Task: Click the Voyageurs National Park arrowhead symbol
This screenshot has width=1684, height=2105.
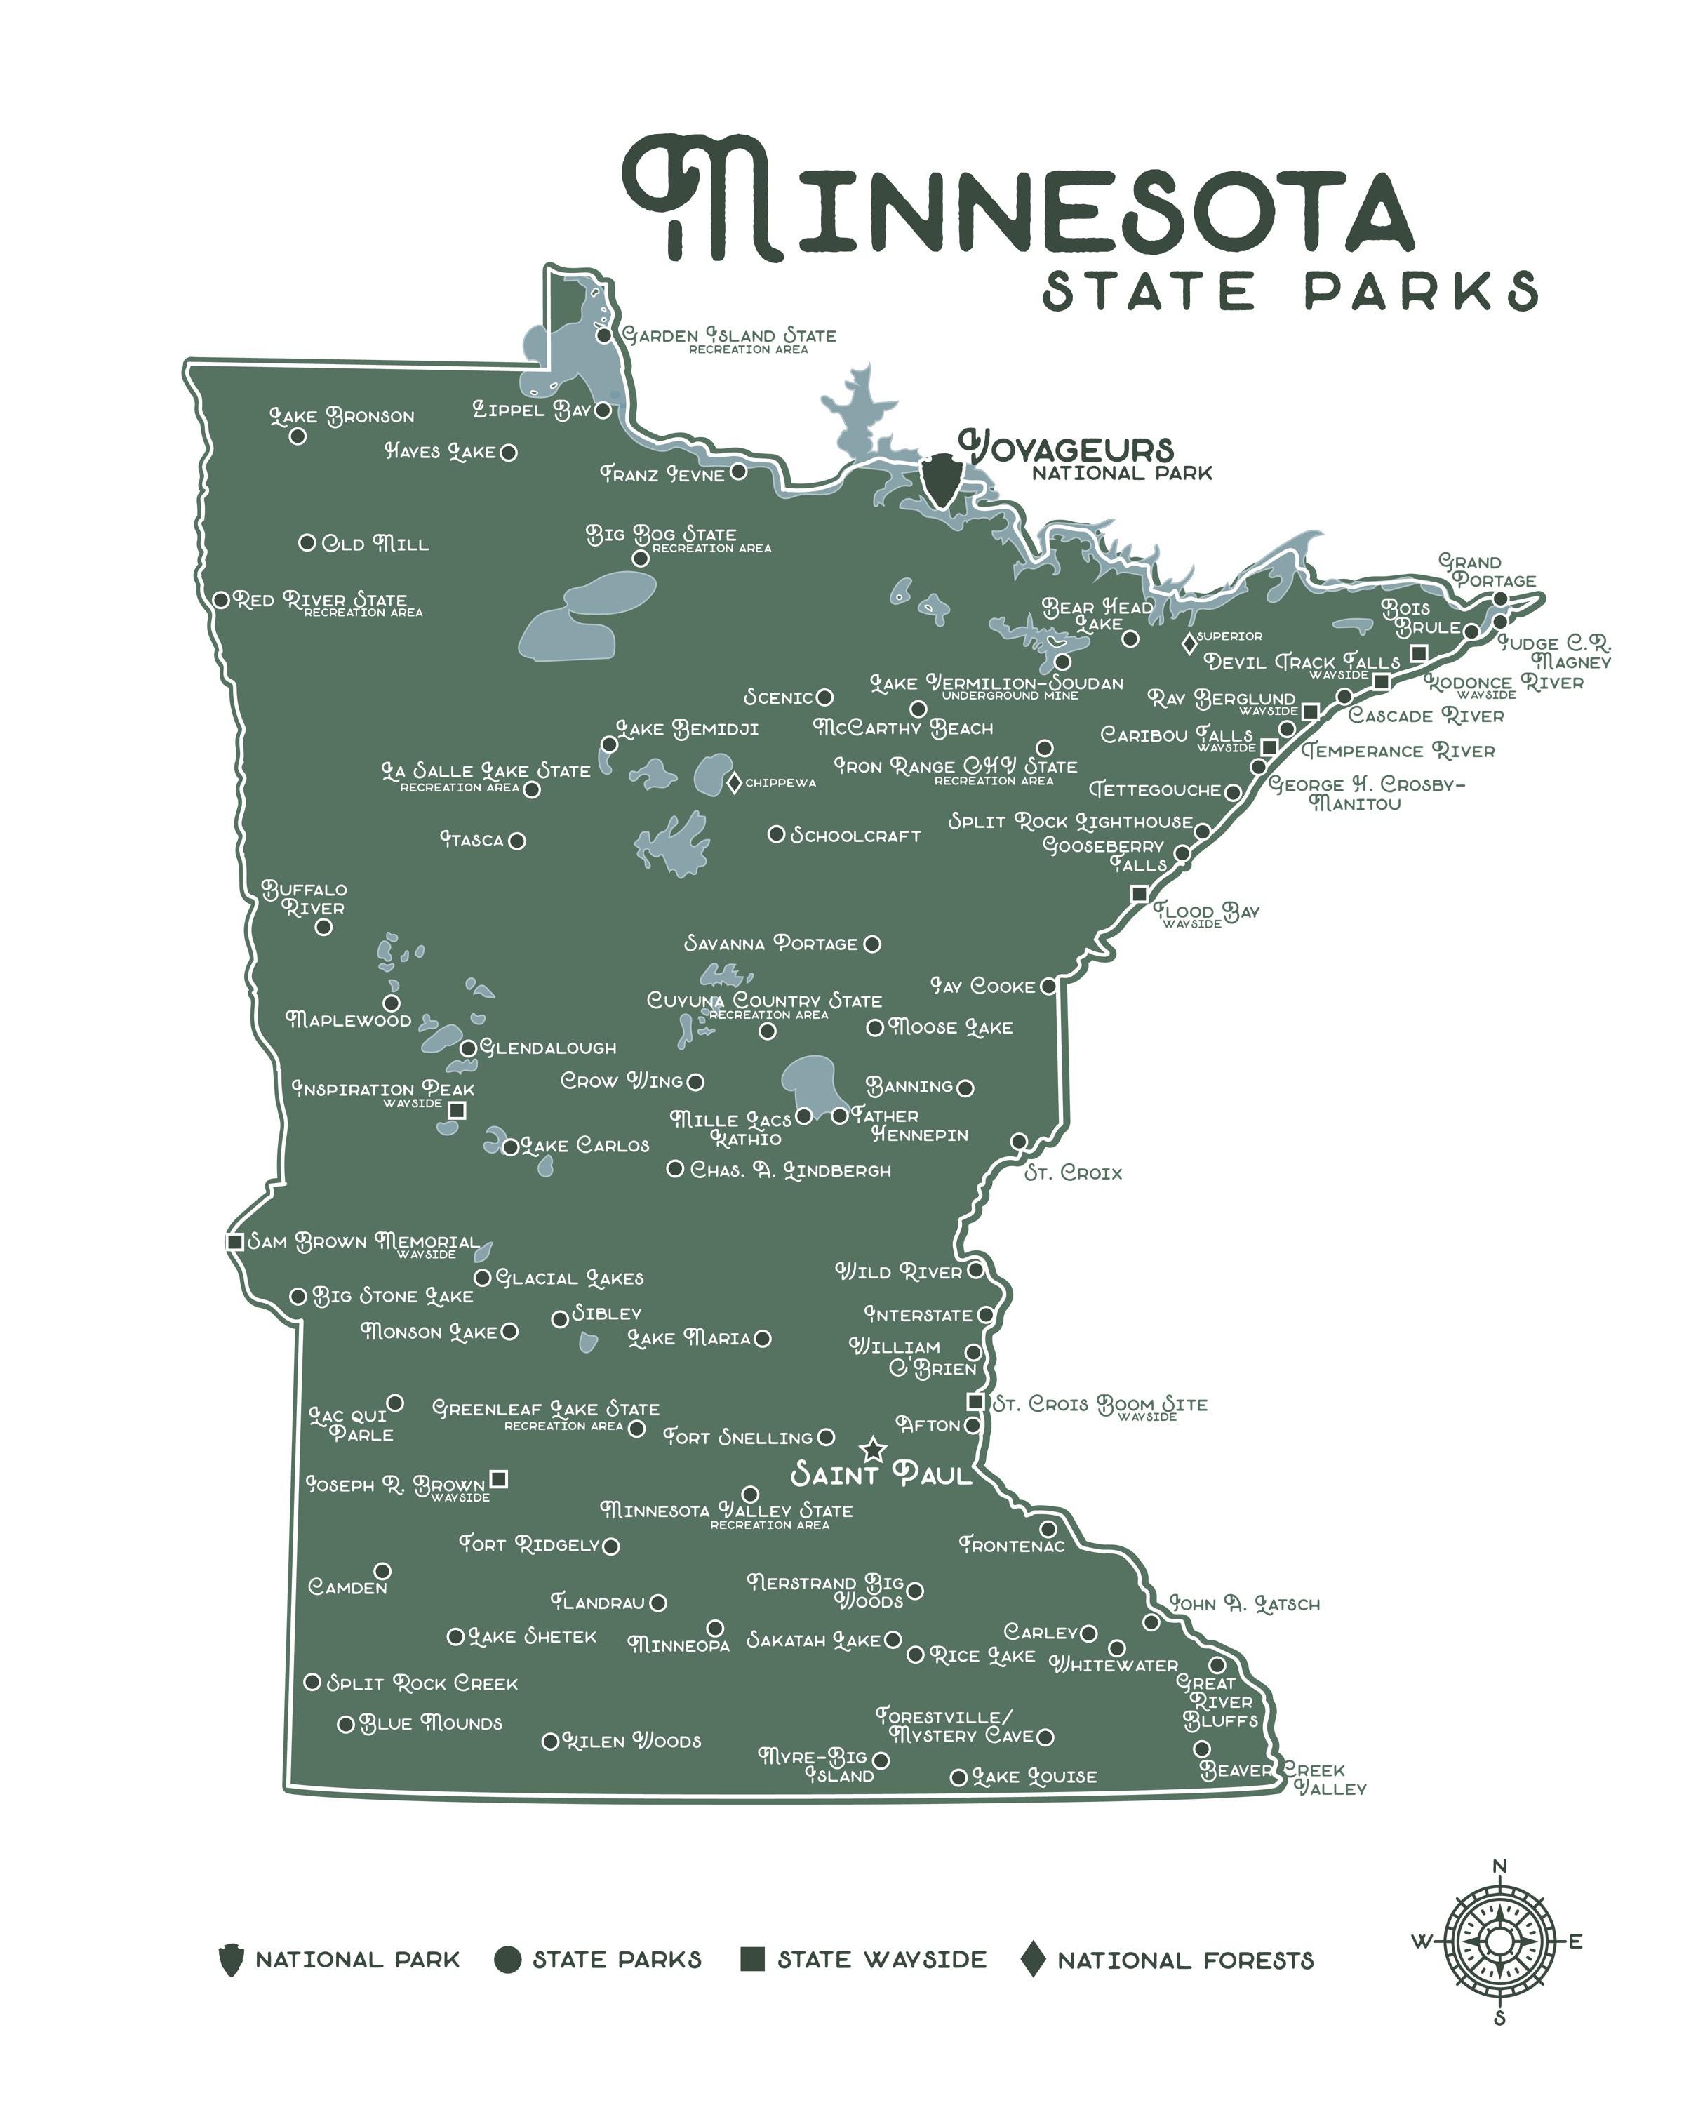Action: (941, 479)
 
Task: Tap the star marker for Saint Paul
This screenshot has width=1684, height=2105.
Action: (873, 1450)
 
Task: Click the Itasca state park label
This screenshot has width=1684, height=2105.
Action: (472, 840)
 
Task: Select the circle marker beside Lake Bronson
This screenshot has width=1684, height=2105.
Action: (298, 436)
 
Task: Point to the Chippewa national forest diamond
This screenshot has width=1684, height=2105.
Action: (734, 782)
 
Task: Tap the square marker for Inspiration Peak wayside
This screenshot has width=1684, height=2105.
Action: (456, 1110)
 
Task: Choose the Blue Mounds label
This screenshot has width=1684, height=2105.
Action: (431, 1723)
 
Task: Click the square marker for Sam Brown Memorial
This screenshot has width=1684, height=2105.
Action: (234, 1242)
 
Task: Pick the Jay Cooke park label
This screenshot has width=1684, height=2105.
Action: (982, 986)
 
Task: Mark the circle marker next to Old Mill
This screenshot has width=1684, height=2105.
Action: (307, 542)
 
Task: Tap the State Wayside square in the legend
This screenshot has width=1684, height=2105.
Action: (751, 1958)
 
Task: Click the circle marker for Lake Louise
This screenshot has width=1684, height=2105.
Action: (958, 1777)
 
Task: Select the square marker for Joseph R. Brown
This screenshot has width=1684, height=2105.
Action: (499, 1478)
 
